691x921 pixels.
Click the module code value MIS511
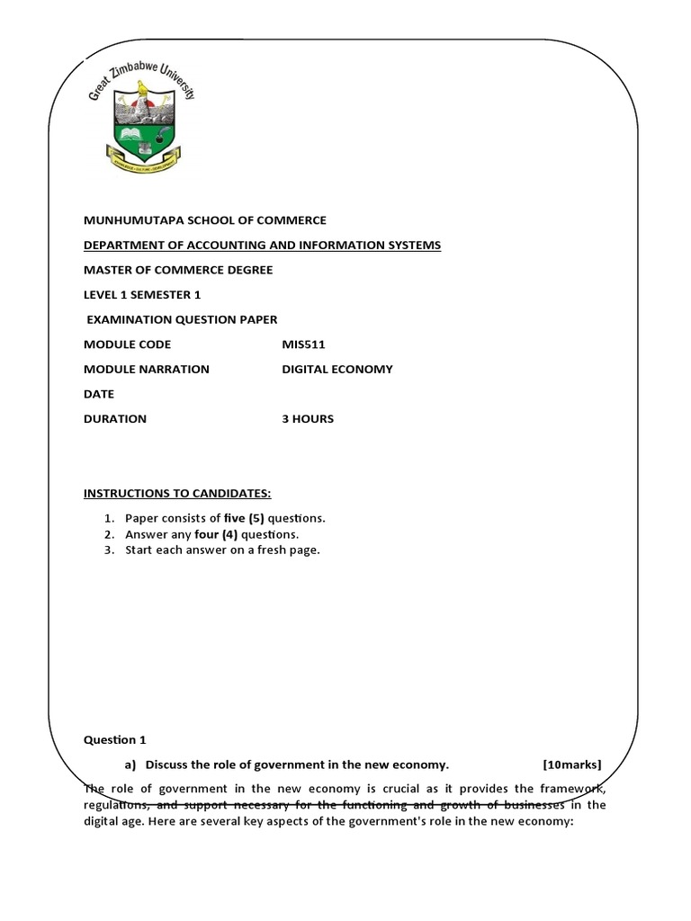(301, 344)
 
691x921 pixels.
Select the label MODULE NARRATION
(146, 369)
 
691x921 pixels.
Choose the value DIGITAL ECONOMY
(337, 369)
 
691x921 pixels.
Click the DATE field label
(99, 394)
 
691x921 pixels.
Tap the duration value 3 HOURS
(308, 418)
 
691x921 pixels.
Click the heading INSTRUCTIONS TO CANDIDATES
(177, 493)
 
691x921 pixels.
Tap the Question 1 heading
(114, 740)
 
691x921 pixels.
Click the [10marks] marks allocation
(572, 765)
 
